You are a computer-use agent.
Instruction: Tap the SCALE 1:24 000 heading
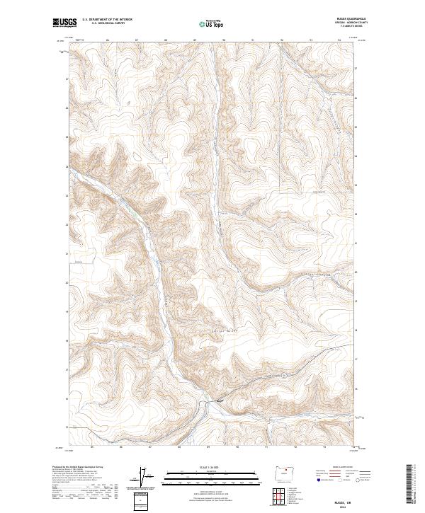coord(211,466)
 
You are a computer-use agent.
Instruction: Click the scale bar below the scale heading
coord(211,475)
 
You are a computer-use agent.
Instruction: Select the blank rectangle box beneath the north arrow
coord(144,500)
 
